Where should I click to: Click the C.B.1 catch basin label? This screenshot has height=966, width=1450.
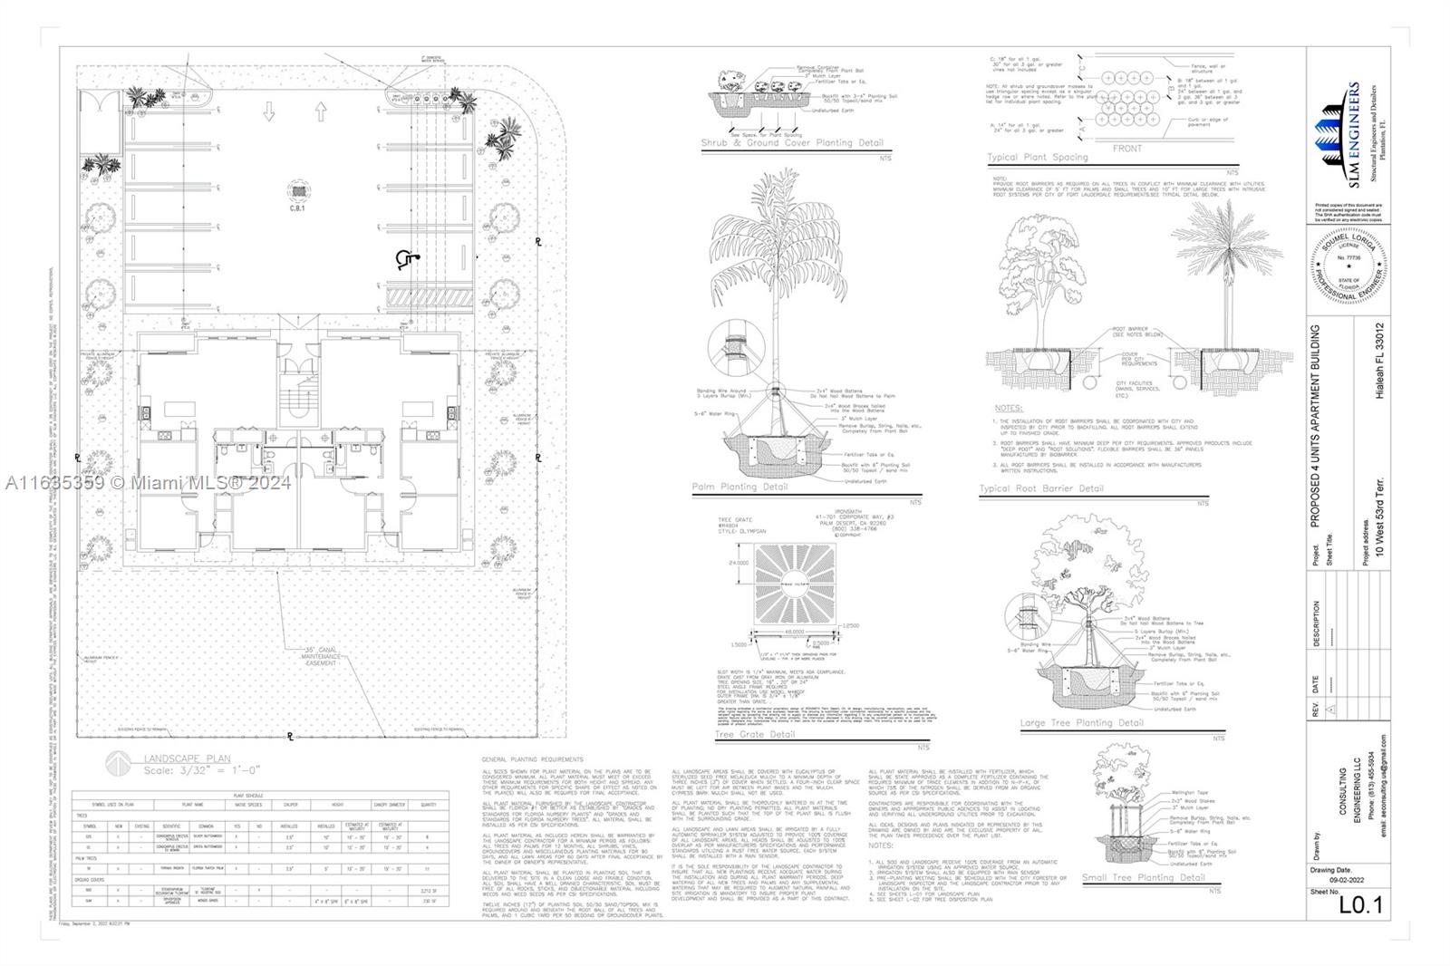[x=295, y=208]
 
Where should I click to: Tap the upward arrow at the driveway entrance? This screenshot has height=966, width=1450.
[x=320, y=112]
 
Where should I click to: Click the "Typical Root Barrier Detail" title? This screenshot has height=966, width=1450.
[x=1041, y=488]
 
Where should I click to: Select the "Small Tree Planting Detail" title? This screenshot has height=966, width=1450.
[x=1144, y=877]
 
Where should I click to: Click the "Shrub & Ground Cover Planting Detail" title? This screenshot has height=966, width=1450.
[x=791, y=143]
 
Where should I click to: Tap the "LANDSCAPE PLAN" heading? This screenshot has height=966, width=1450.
[x=187, y=758]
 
